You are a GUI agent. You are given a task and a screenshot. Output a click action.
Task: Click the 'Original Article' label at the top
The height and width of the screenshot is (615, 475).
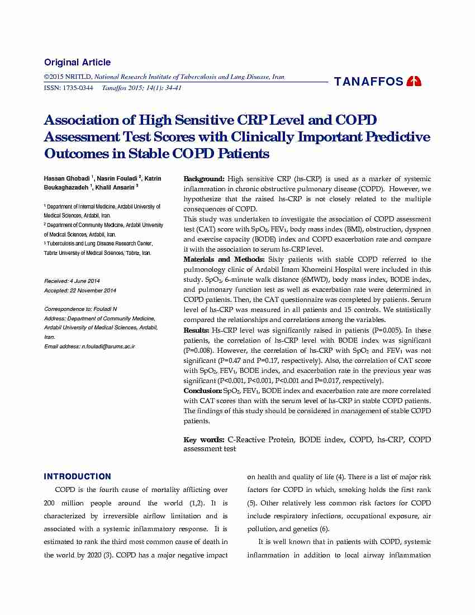(x=77, y=63)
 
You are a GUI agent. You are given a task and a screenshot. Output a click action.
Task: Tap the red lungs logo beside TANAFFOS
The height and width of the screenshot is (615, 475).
(x=414, y=82)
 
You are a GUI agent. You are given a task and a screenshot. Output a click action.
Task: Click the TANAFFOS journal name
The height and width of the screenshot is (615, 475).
(x=369, y=82)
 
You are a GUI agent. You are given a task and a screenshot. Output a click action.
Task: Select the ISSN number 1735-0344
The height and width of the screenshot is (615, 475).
(x=78, y=88)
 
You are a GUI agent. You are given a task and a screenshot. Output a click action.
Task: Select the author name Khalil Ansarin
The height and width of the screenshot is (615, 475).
(x=114, y=187)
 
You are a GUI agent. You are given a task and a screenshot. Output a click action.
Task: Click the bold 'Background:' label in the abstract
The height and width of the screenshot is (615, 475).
(x=204, y=179)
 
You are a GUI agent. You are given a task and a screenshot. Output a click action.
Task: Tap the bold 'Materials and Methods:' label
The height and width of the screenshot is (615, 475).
(x=225, y=259)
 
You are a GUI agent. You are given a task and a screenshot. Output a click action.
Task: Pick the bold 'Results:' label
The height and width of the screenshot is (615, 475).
(x=197, y=330)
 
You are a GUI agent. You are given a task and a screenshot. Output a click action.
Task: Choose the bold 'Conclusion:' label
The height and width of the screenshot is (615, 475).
(x=203, y=391)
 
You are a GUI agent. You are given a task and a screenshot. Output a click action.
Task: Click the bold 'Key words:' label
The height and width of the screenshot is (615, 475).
(x=204, y=439)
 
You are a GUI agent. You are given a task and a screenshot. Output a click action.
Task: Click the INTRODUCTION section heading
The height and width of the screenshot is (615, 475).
(x=77, y=477)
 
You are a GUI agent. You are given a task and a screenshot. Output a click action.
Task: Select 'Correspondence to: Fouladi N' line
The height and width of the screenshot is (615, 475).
(x=81, y=309)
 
